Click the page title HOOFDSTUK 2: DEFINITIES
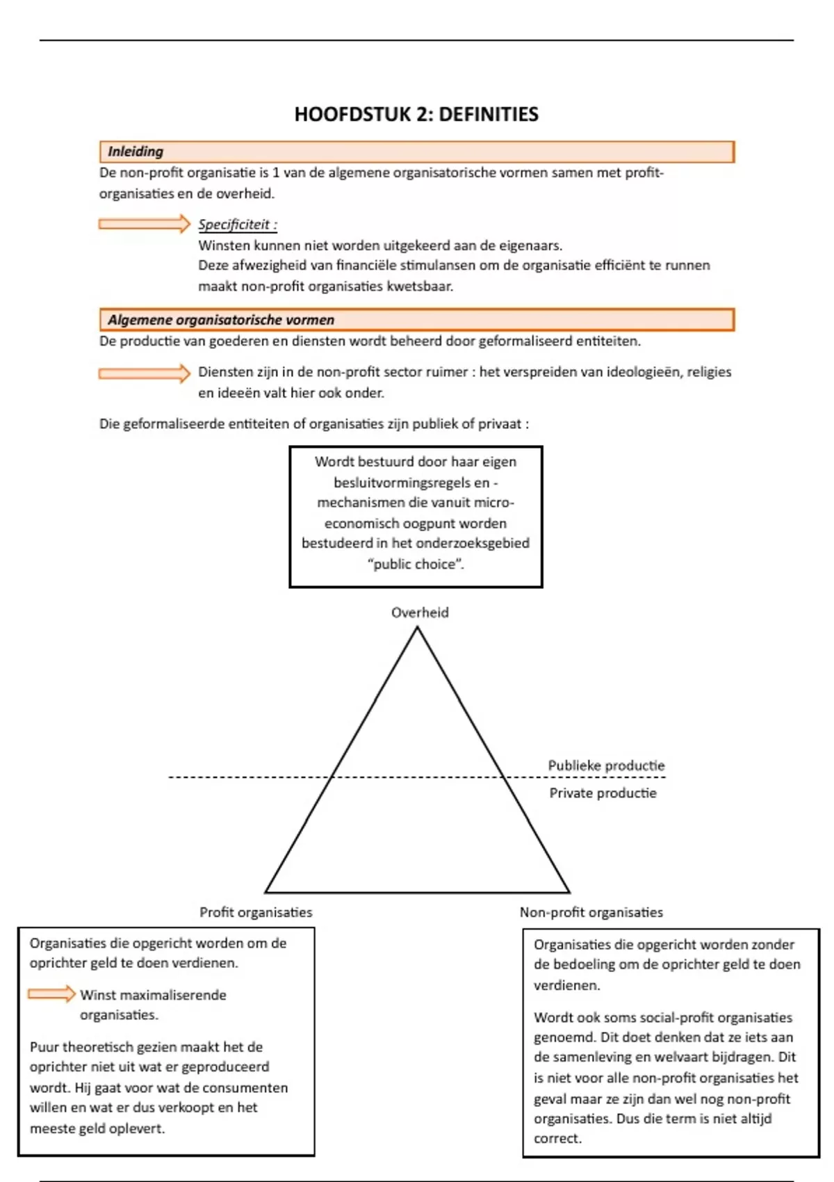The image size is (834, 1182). [x=416, y=114]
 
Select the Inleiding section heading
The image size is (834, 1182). [x=136, y=152]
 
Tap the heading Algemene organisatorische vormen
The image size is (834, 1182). [x=221, y=320]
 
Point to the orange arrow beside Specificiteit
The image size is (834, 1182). [x=144, y=224]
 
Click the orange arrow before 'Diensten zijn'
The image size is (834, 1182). [x=144, y=373]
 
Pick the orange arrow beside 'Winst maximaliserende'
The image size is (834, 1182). [x=51, y=994]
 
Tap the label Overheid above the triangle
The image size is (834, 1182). [x=420, y=613]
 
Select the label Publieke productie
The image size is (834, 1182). [x=606, y=766]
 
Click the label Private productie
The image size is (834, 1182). [x=603, y=793]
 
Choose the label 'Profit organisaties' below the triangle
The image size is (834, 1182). [x=256, y=912]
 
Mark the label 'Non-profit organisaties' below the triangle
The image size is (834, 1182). [x=591, y=912]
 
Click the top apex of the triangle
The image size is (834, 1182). [x=417, y=628]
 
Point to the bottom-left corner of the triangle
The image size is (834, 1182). [x=266, y=892]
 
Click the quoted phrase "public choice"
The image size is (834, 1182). [x=416, y=564]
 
